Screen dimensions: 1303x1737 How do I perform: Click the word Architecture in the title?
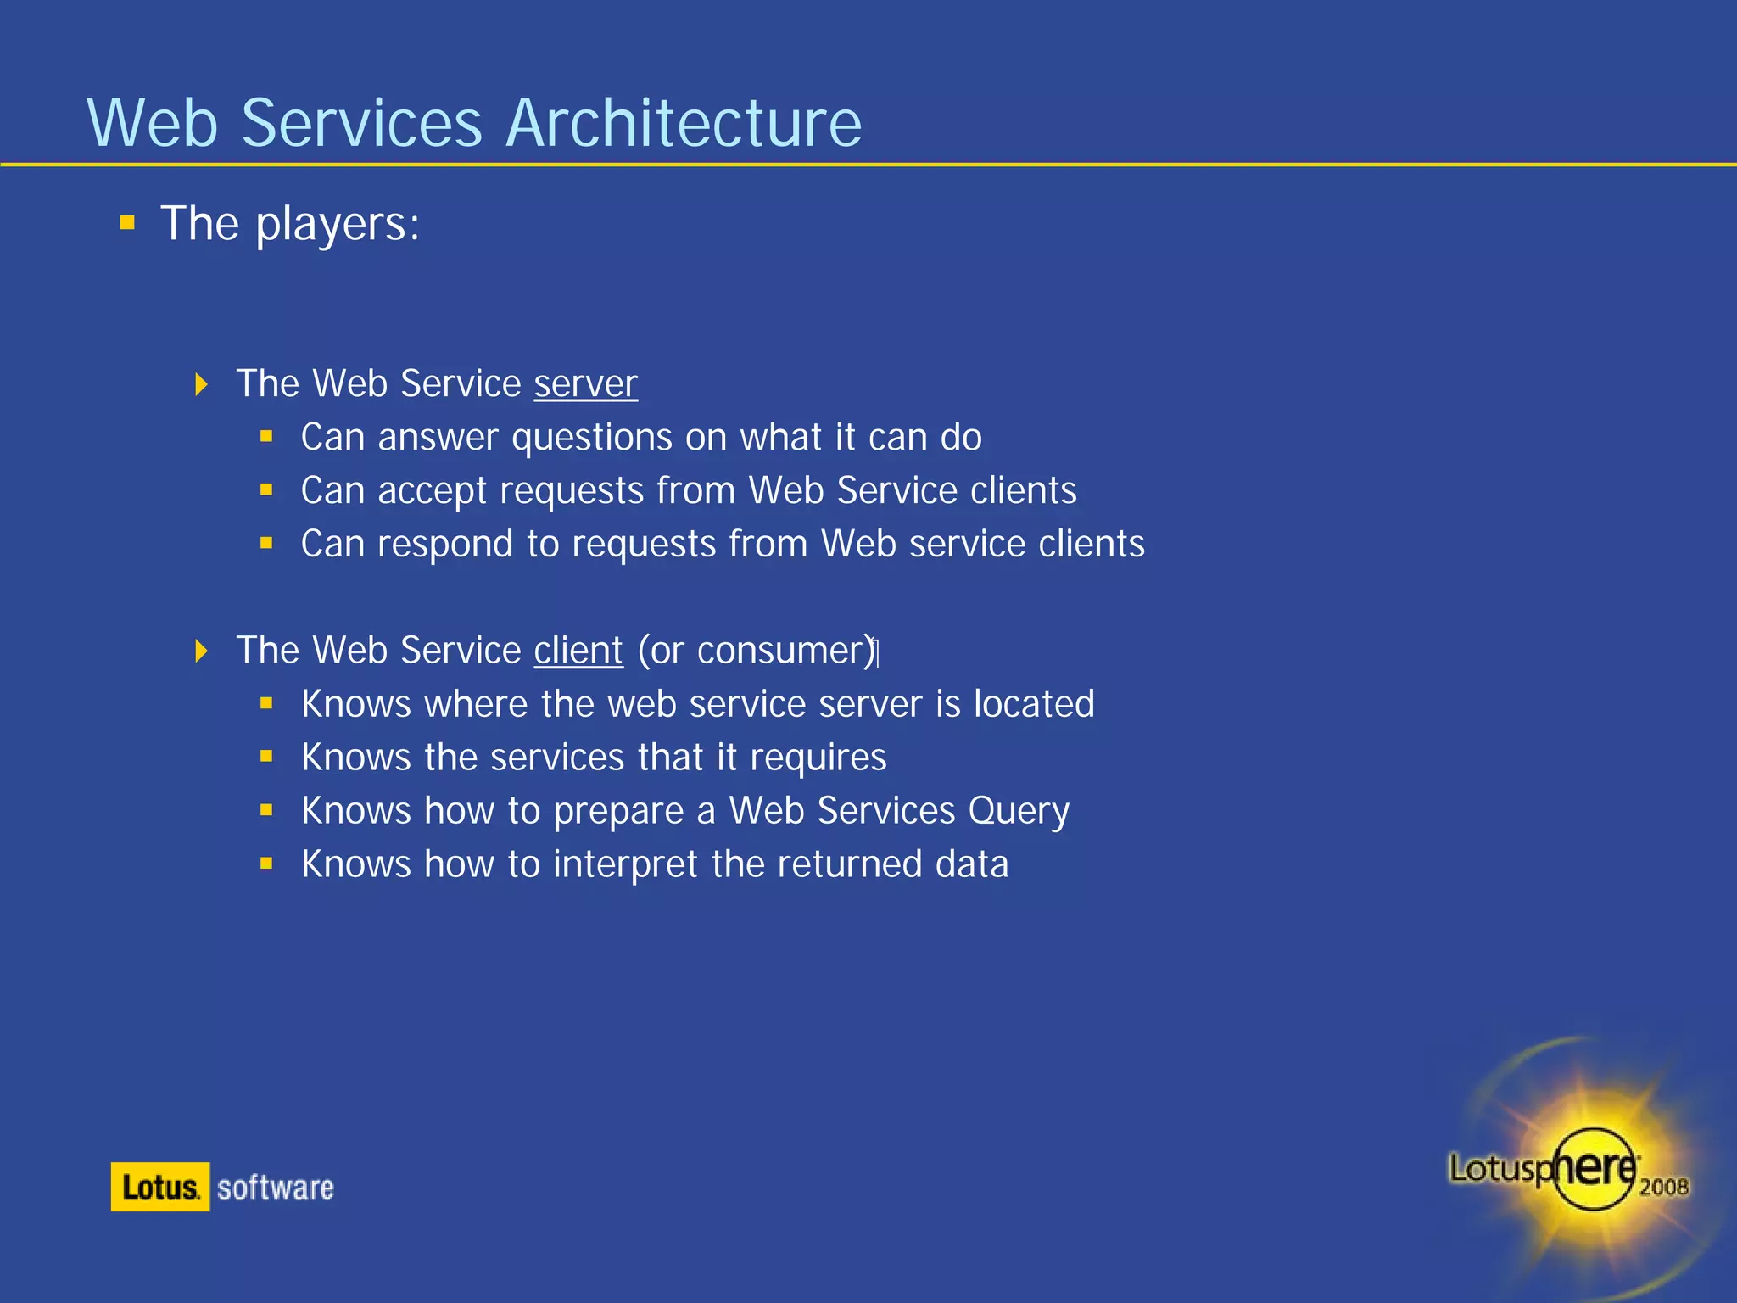point(684,123)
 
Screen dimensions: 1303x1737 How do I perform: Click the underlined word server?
point(585,384)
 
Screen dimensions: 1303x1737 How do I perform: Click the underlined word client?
point(578,651)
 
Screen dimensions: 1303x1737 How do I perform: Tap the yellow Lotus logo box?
point(159,1187)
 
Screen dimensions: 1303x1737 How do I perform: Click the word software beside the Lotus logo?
point(275,1188)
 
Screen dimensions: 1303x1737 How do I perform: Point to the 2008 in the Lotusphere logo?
point(1663,1187)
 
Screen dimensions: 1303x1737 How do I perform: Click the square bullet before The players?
point(127,223)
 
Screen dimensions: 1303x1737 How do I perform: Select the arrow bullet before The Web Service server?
point(201,384)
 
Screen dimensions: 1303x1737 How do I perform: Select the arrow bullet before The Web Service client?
point(201,651)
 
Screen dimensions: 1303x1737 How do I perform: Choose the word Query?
point(1018,812)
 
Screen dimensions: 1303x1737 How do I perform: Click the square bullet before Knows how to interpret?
point(266,864)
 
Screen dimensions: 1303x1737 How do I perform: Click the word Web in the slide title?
point(154,123)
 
